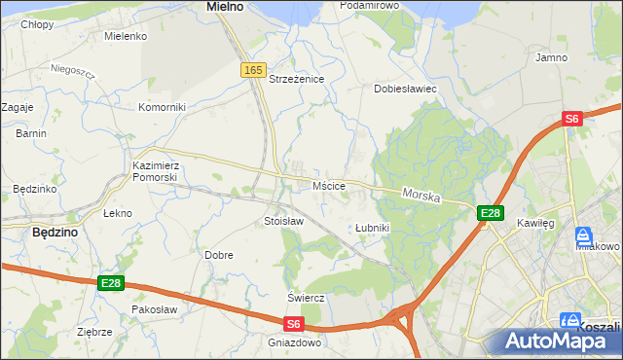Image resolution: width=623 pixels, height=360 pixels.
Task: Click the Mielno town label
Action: [x=225, y=7]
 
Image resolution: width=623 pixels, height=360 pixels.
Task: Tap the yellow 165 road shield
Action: [x=253, y=70]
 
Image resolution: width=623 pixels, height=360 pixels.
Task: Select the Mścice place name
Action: [x=325, y=185]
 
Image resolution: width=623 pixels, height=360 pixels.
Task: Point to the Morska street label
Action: [x=421, y=197]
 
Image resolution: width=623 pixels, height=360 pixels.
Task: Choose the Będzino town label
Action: [x=55, y=234]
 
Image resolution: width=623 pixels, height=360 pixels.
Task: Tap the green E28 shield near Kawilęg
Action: [x=490, y=213]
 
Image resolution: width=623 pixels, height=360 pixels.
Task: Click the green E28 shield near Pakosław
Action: [x=111, y=283]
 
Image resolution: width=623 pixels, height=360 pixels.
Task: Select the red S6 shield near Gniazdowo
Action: [x=294, y=325]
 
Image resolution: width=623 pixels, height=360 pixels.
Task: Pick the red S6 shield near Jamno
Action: [x=572, y=119]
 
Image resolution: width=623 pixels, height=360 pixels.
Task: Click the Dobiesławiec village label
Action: [x=406, y=89]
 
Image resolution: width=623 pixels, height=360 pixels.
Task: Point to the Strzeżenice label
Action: [x=296, y=79]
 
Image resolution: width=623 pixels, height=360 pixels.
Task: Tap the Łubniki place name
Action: [x=372, y=228]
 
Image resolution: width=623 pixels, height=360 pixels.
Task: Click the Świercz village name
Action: [x=305, y=297]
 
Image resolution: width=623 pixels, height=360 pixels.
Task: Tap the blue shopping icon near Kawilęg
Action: [x=583, y=236]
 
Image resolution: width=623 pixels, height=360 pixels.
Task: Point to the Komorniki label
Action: [x=162, y=107]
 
